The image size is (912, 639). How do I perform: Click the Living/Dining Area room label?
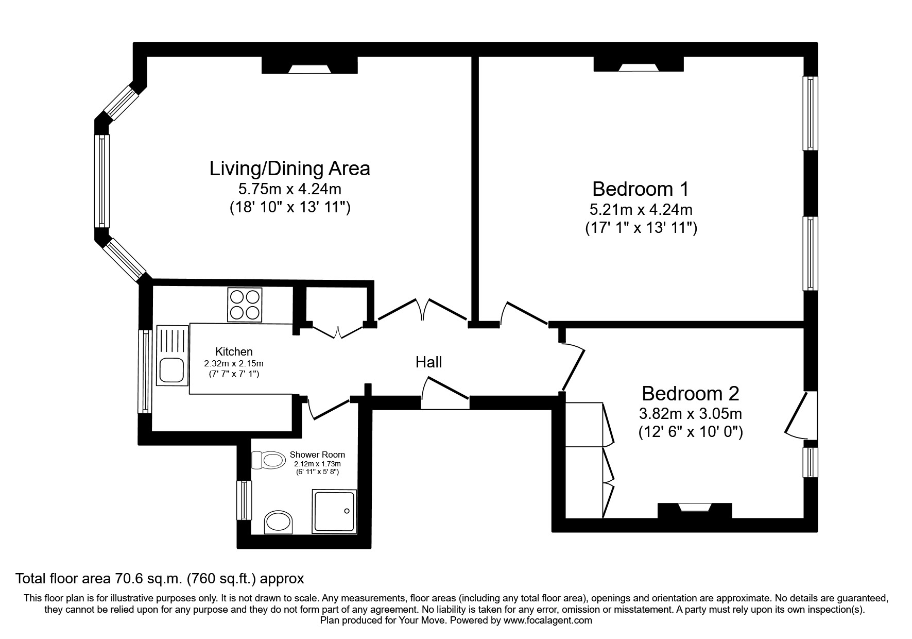289,169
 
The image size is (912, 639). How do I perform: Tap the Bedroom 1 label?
641,189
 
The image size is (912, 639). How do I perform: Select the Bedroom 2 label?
690,394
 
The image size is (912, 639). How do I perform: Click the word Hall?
428,362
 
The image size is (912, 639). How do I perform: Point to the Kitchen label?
234,351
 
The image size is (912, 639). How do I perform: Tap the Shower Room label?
317,455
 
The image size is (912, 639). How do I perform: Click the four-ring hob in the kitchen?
245,305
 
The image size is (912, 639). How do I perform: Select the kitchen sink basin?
172,370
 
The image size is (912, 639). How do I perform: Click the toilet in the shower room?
269,459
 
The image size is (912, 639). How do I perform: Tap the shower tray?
334,512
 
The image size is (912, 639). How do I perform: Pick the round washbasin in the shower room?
278,523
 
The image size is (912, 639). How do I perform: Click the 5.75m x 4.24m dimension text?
289,189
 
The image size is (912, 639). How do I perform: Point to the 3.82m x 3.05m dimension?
690,413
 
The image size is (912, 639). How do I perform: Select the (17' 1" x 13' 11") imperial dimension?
641,228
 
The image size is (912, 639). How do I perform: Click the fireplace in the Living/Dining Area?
309,65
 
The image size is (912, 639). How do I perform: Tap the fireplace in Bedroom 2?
695,510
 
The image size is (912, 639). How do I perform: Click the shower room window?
244,500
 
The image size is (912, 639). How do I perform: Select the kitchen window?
145,371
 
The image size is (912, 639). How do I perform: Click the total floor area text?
160,578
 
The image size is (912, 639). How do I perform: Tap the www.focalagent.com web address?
547,620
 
